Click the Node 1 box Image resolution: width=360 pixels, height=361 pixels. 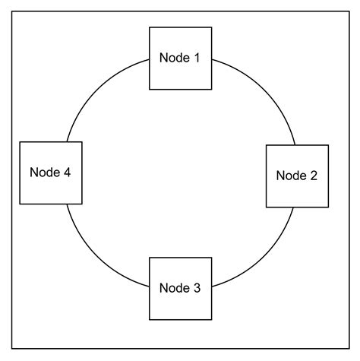coord(180,58)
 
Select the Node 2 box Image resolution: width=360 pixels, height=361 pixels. coord(297,176)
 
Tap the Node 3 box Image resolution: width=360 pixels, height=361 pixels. coord(180,288)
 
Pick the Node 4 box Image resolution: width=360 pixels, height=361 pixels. coord(50,173)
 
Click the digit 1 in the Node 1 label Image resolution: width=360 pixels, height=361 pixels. coord(196,58)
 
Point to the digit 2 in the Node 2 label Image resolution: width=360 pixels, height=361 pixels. coord(313,176)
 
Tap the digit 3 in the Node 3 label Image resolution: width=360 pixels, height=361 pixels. coord(196,288)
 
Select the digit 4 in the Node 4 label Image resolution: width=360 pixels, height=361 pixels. coord(67,173)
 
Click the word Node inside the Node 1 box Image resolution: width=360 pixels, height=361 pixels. coord(174,58)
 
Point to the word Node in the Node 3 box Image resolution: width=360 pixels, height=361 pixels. coord(174,288)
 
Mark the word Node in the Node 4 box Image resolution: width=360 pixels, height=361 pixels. coord(43,173)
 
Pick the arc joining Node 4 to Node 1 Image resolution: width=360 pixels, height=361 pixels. coord(99,91)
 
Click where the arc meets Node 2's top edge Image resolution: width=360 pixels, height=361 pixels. coord(294,144)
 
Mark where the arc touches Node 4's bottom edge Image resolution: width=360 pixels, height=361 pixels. coord(67,204)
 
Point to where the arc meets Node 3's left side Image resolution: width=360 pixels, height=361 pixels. coord(149,286)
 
